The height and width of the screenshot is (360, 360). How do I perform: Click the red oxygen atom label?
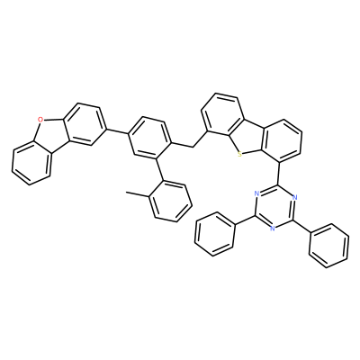pos(40,121)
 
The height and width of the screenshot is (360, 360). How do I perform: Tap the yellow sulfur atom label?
pos(239,155)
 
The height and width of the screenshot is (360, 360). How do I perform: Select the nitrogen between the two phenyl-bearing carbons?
pos(273,228)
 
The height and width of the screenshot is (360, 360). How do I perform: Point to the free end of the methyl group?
pos(126,192)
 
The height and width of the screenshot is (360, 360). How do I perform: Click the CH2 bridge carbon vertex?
pos(192,147)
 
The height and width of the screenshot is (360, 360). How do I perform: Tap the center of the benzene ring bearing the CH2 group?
pos(149,138)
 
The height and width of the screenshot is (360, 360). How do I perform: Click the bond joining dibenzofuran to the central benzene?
pos(117,131)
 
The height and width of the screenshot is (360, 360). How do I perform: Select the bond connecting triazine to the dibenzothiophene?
pos(278,173)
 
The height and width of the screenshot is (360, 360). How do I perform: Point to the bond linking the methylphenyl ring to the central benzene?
pos(159,168)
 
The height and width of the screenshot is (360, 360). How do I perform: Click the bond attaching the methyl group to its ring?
pos(138,194)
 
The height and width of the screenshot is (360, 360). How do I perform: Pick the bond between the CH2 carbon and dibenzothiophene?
pos(200,139)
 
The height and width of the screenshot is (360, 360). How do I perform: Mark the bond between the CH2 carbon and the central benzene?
pos(182,144)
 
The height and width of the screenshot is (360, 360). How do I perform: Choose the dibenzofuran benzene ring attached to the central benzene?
pos(85,123)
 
